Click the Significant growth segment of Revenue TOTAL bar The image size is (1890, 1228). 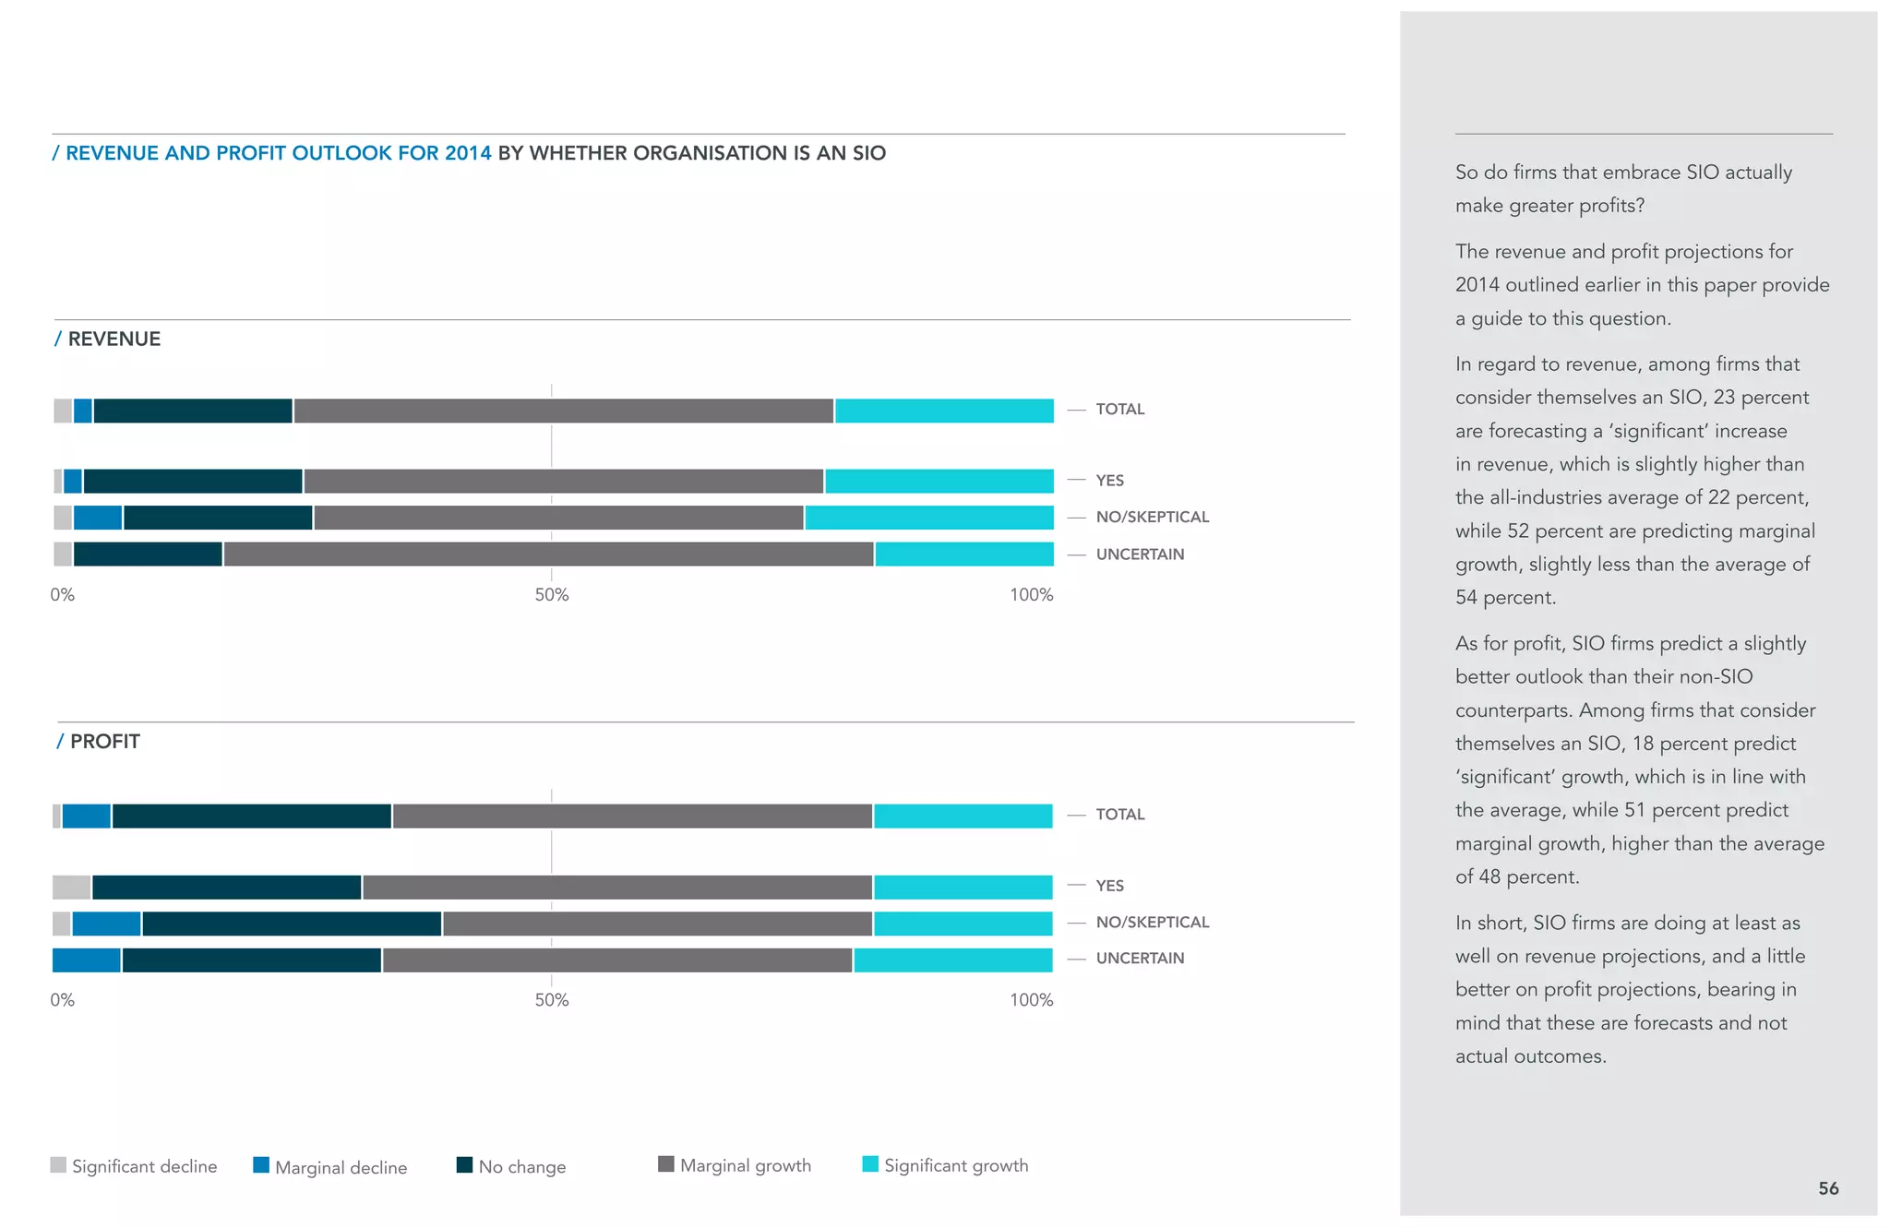tap(944, 411)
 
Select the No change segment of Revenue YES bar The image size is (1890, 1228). tap(193, 481)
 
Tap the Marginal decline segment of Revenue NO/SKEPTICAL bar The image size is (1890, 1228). tap(98, 518)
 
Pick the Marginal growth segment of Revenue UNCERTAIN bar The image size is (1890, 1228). tap(548, 554)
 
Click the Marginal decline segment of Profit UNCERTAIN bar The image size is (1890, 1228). tap(86, 960)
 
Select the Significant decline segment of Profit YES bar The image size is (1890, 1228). tap(71, 887)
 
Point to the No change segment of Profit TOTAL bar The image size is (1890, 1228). tap(251, 816)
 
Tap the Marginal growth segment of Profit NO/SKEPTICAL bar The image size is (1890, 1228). tap(657, 923)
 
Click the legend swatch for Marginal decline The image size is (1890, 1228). tap(261, 1165)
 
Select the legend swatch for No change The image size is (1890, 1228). tap(464, 1164)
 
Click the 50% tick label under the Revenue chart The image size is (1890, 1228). tap(551, 595)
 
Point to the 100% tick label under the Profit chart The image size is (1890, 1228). tap(1031, 1000)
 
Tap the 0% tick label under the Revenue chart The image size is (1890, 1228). tap(62, 595)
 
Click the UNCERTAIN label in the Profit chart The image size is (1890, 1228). tap(1139, 958)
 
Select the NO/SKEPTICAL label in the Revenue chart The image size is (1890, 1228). tap(1152, 517)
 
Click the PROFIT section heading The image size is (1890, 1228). tap(104, 742)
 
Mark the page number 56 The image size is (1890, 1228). tap(1827, 1188)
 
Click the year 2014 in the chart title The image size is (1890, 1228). tap(467, 153)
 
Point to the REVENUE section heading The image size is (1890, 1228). tap(114, 339)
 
